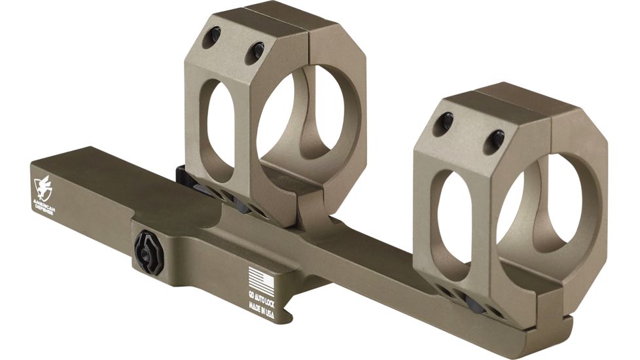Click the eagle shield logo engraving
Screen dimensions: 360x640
pos(43,187)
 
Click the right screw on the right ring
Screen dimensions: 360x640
pos(496,139)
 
